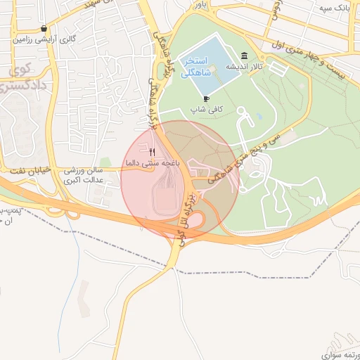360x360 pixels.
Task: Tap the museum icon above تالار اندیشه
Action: (244, 56)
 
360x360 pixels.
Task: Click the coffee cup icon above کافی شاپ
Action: (206, 98)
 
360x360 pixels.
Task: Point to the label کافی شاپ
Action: (206, 110)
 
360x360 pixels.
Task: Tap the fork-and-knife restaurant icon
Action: (153, 151)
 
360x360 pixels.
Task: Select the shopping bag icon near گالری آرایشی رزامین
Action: (44, 29)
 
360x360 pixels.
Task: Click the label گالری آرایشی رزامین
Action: (44, 39)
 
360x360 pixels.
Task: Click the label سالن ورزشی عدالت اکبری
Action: (84, 174)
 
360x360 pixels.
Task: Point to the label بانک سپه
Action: (335, 8)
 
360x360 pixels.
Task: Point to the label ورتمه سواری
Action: (339, 354)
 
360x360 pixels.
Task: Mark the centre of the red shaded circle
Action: (180, 180)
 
